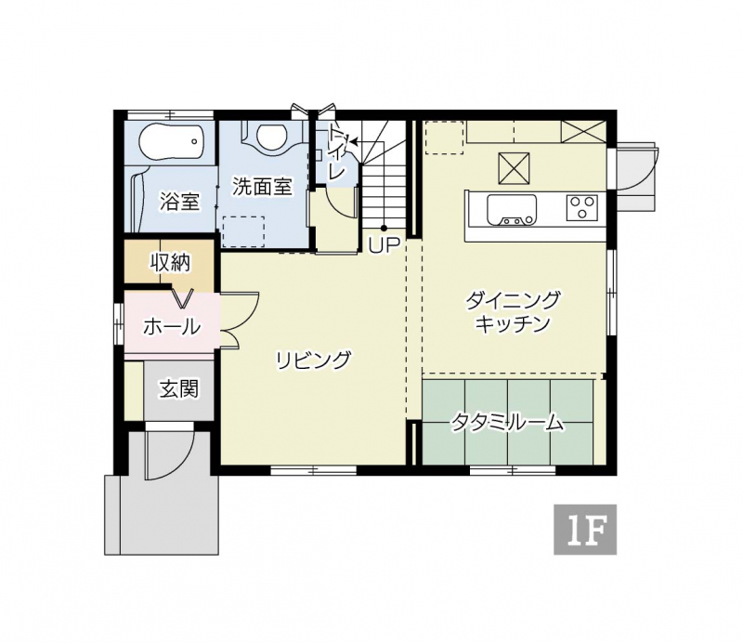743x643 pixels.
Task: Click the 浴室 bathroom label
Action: click(x=179, y=202)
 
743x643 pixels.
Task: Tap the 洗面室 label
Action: click(x=262, y=187)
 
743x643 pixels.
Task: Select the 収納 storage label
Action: click(x=170, y=262)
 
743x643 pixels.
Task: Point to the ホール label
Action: click(x=172, y=326)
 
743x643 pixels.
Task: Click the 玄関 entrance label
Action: click(x=178, y=388)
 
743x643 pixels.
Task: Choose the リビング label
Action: click(x=314, y=361)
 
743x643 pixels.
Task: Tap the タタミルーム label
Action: click(x=507, y=422)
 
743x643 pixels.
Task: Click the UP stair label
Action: click(x=385, y=245)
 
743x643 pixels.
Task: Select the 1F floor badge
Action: click(x=585, y=530)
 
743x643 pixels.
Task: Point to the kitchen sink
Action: click(x=512, y=210)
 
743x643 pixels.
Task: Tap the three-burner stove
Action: click(x=582, y=208)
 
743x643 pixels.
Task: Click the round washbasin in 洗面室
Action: click(x=271, y=136)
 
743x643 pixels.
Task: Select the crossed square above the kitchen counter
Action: click(x=514, y=168)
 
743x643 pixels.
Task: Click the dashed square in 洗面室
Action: click(x=243, y=231)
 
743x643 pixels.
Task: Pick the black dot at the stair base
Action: click(x=384, y=229)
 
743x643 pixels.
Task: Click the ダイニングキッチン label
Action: click(x=512, y=312)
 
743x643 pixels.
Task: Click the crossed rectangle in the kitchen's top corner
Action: click(x=583, y=132)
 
